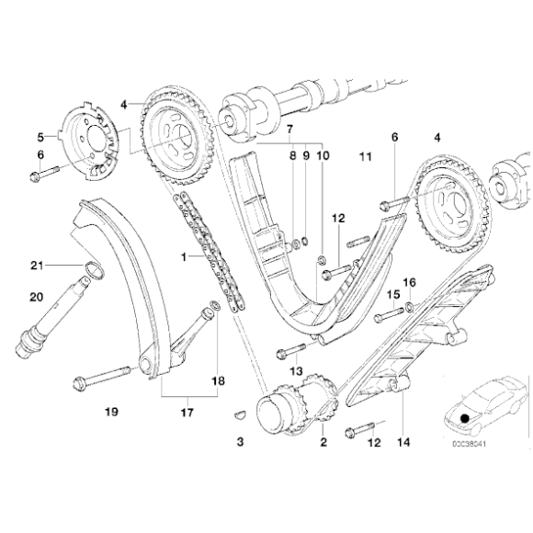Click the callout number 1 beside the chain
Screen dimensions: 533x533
[185, 258]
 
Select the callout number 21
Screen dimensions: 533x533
[37, 266]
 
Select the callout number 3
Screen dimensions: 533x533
[241, 442]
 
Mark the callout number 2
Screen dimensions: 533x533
[323, 442]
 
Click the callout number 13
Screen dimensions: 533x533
[295, 370]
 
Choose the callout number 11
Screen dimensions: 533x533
[366, 158]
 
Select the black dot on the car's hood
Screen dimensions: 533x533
[465, 419]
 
